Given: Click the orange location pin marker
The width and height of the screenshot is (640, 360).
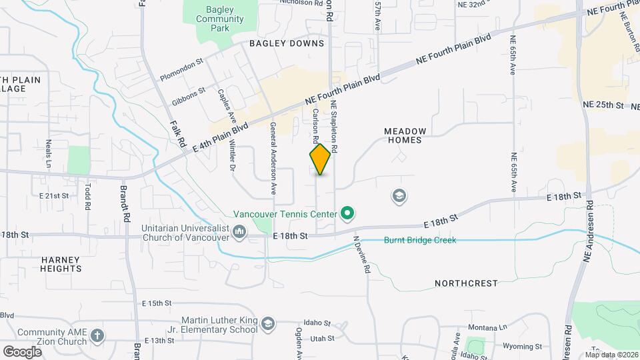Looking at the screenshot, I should point(321,159).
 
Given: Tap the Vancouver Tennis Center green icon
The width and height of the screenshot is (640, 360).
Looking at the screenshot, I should point(347,214).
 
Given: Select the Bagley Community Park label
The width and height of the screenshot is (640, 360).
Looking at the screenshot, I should point(219,19).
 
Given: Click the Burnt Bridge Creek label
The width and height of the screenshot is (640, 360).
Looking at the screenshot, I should point(420,240).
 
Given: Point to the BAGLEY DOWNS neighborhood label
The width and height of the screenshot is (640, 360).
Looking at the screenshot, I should point(287,43).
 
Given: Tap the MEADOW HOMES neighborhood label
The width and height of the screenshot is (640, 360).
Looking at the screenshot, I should point(404,135).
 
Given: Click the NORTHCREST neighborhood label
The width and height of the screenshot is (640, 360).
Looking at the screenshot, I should point(466,283).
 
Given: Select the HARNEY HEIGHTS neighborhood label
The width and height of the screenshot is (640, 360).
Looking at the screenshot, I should point(61,264).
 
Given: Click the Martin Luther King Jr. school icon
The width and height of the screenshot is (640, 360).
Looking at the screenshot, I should point(267,324).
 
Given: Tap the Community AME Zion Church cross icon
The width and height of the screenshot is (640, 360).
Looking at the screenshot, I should point(97,335).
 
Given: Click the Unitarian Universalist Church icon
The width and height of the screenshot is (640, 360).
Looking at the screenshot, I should point(239,231).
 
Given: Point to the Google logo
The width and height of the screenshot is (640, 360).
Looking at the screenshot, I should point(22,351).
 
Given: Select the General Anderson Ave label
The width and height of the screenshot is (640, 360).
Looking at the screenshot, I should point(273,158).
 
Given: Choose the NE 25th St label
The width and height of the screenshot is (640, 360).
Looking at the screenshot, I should point(602,105).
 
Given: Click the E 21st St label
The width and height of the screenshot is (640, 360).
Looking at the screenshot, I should point(54,196).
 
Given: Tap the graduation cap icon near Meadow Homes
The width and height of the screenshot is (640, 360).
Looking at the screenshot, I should point(400,196).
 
